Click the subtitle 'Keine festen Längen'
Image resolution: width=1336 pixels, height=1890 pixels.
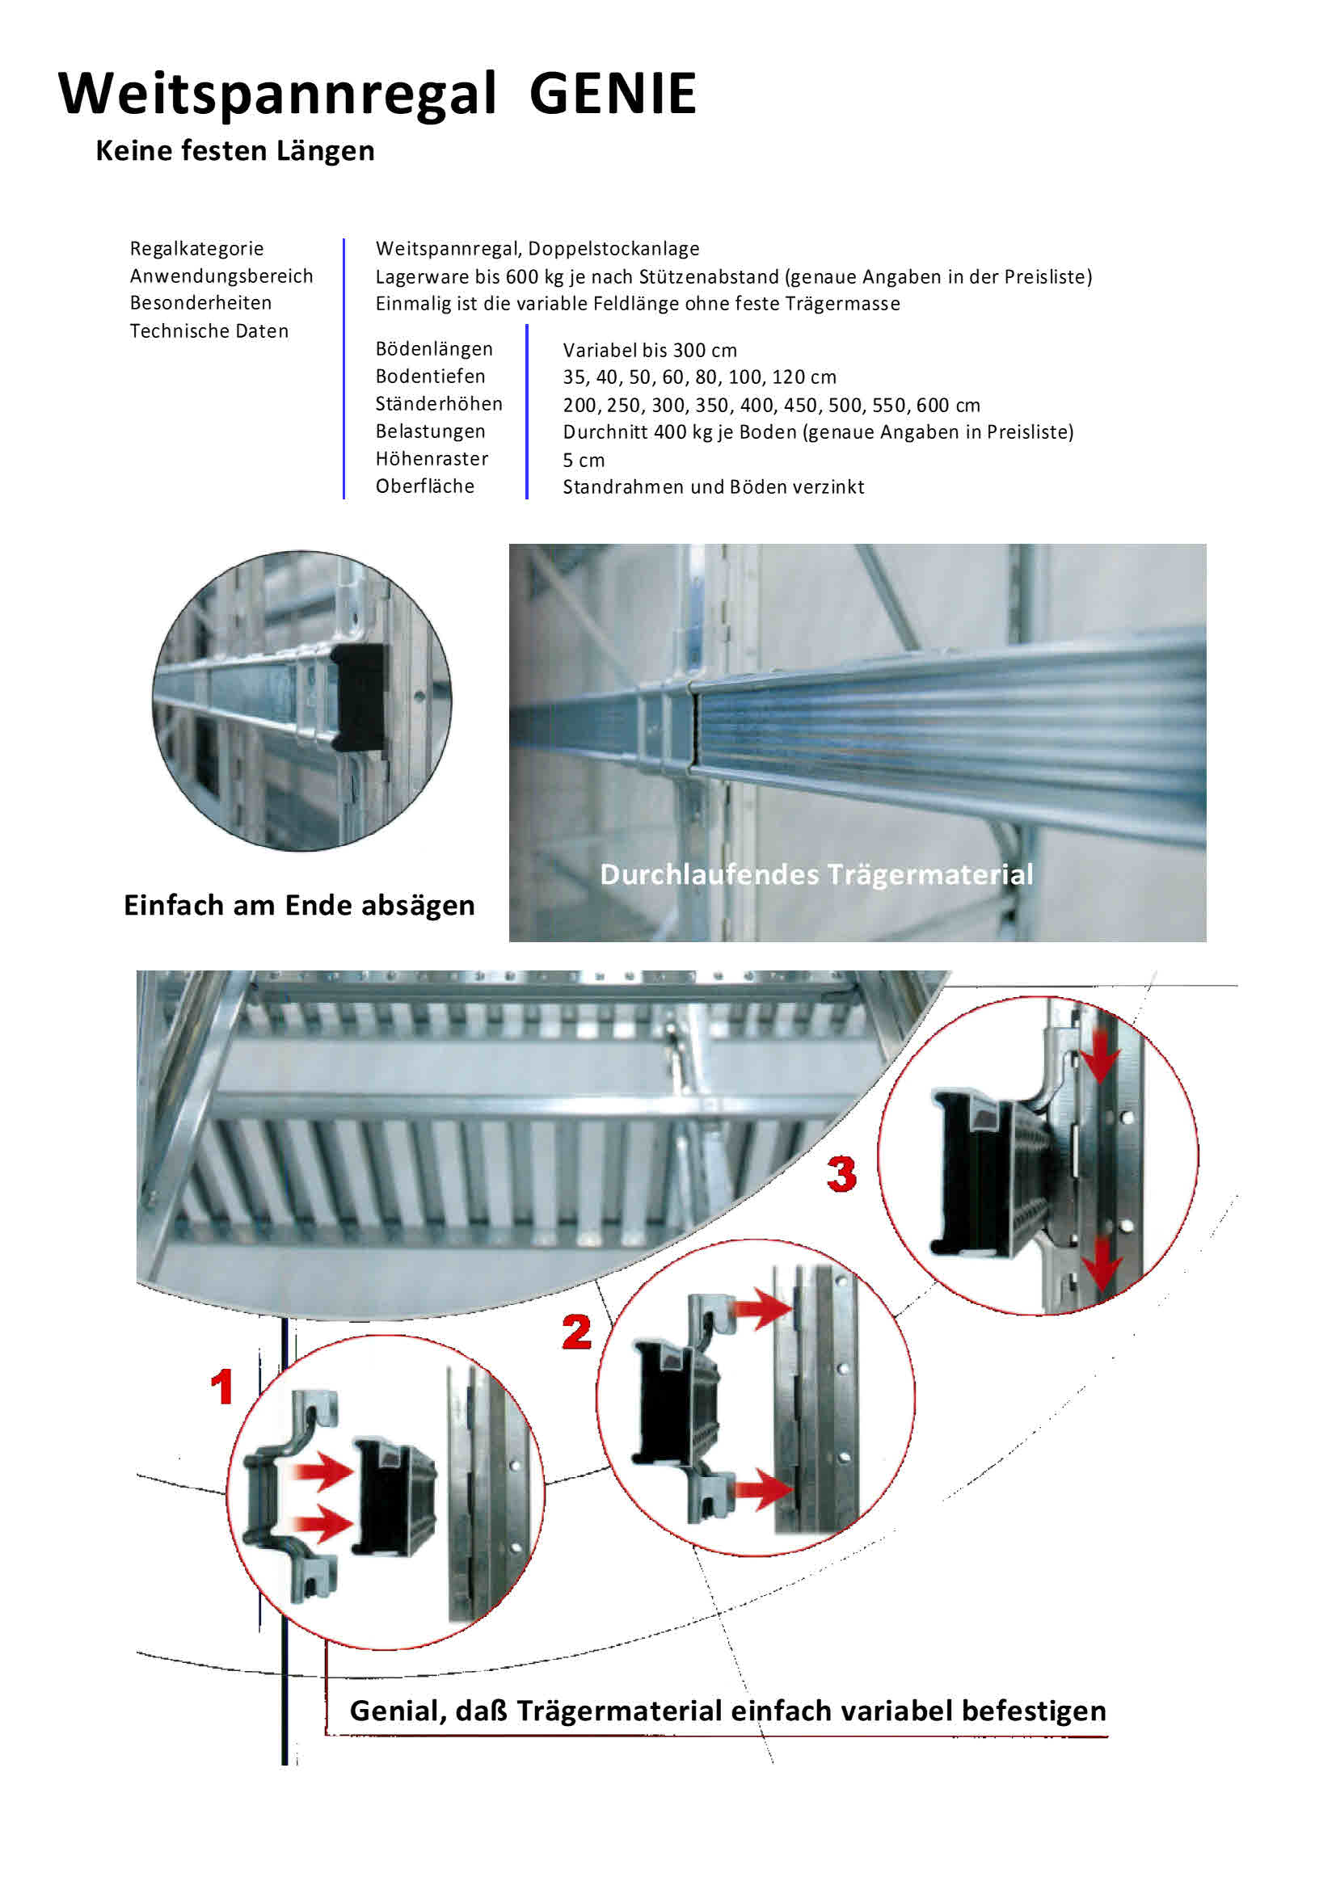pos(234,150)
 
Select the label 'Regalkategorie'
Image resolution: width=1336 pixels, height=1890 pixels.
pos(196,249)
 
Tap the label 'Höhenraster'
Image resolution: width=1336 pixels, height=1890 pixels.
pos(432,458)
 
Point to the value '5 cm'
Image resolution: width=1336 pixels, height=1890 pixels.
pos(584,460)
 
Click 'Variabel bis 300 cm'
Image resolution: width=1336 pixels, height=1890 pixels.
pos(650,350)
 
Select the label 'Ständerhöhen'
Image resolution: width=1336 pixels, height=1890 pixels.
pos(439,403)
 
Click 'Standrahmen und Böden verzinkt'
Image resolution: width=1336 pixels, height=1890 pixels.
pos(713,486)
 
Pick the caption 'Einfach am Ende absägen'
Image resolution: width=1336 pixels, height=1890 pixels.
pos(299,905)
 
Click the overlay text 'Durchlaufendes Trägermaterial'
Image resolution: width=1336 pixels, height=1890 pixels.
pos(816,874)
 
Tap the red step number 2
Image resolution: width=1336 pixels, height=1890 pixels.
pos(576,1332)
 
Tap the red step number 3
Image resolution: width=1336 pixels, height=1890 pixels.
pos(841,1174)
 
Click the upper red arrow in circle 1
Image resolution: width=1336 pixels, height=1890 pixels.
pos(322,1470)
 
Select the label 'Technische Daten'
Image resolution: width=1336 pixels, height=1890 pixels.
pos(209,331)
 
